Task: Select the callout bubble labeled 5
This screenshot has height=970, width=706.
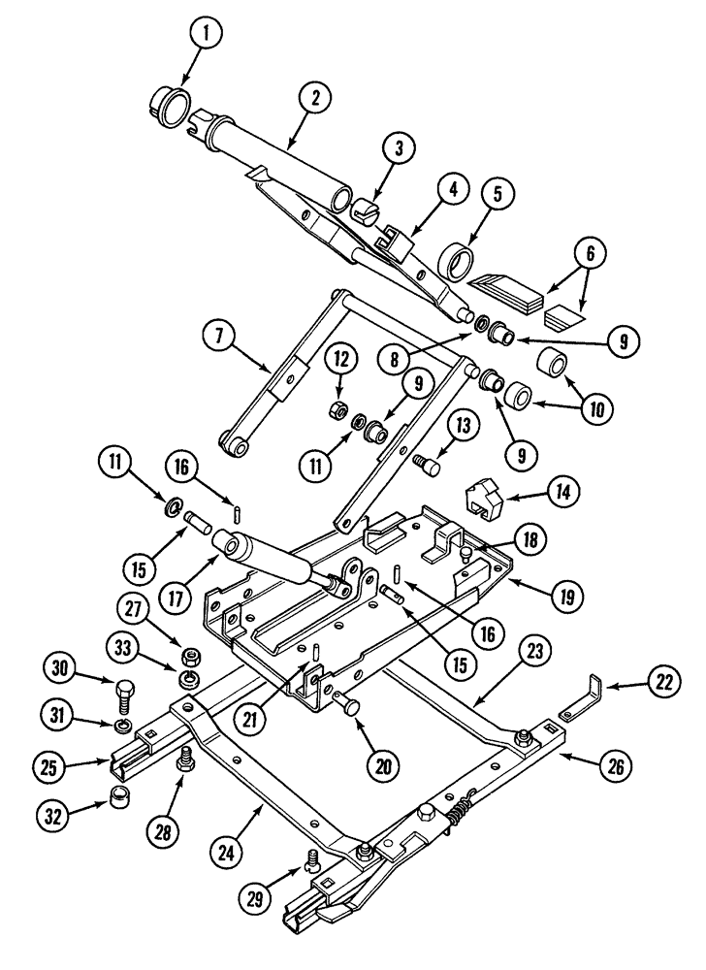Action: pyautogui.click(x=496, y=194)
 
